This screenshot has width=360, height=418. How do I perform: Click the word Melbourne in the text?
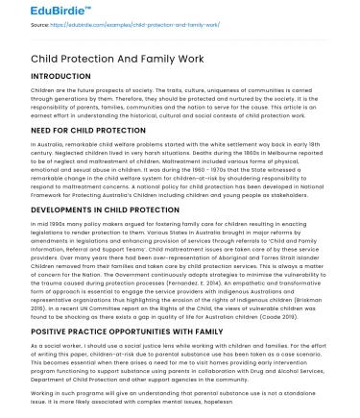278,152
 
